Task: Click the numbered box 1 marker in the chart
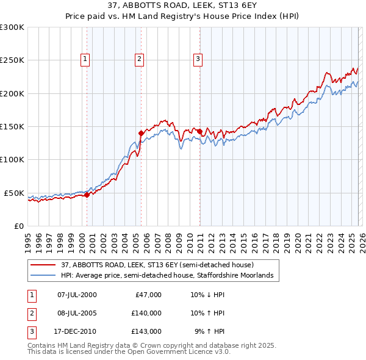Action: tap(84, 59)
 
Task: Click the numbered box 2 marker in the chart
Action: tap(140, 59)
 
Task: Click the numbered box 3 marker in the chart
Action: tap(198, 59)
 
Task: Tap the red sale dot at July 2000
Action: tap(87, 195)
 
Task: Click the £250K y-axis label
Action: tap(12, 60)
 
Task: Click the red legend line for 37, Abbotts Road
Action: tap(43, 265)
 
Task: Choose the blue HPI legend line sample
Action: tap(43, 276)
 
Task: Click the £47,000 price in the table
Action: tap(146, 295)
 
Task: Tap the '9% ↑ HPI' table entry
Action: tap(209, 331)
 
